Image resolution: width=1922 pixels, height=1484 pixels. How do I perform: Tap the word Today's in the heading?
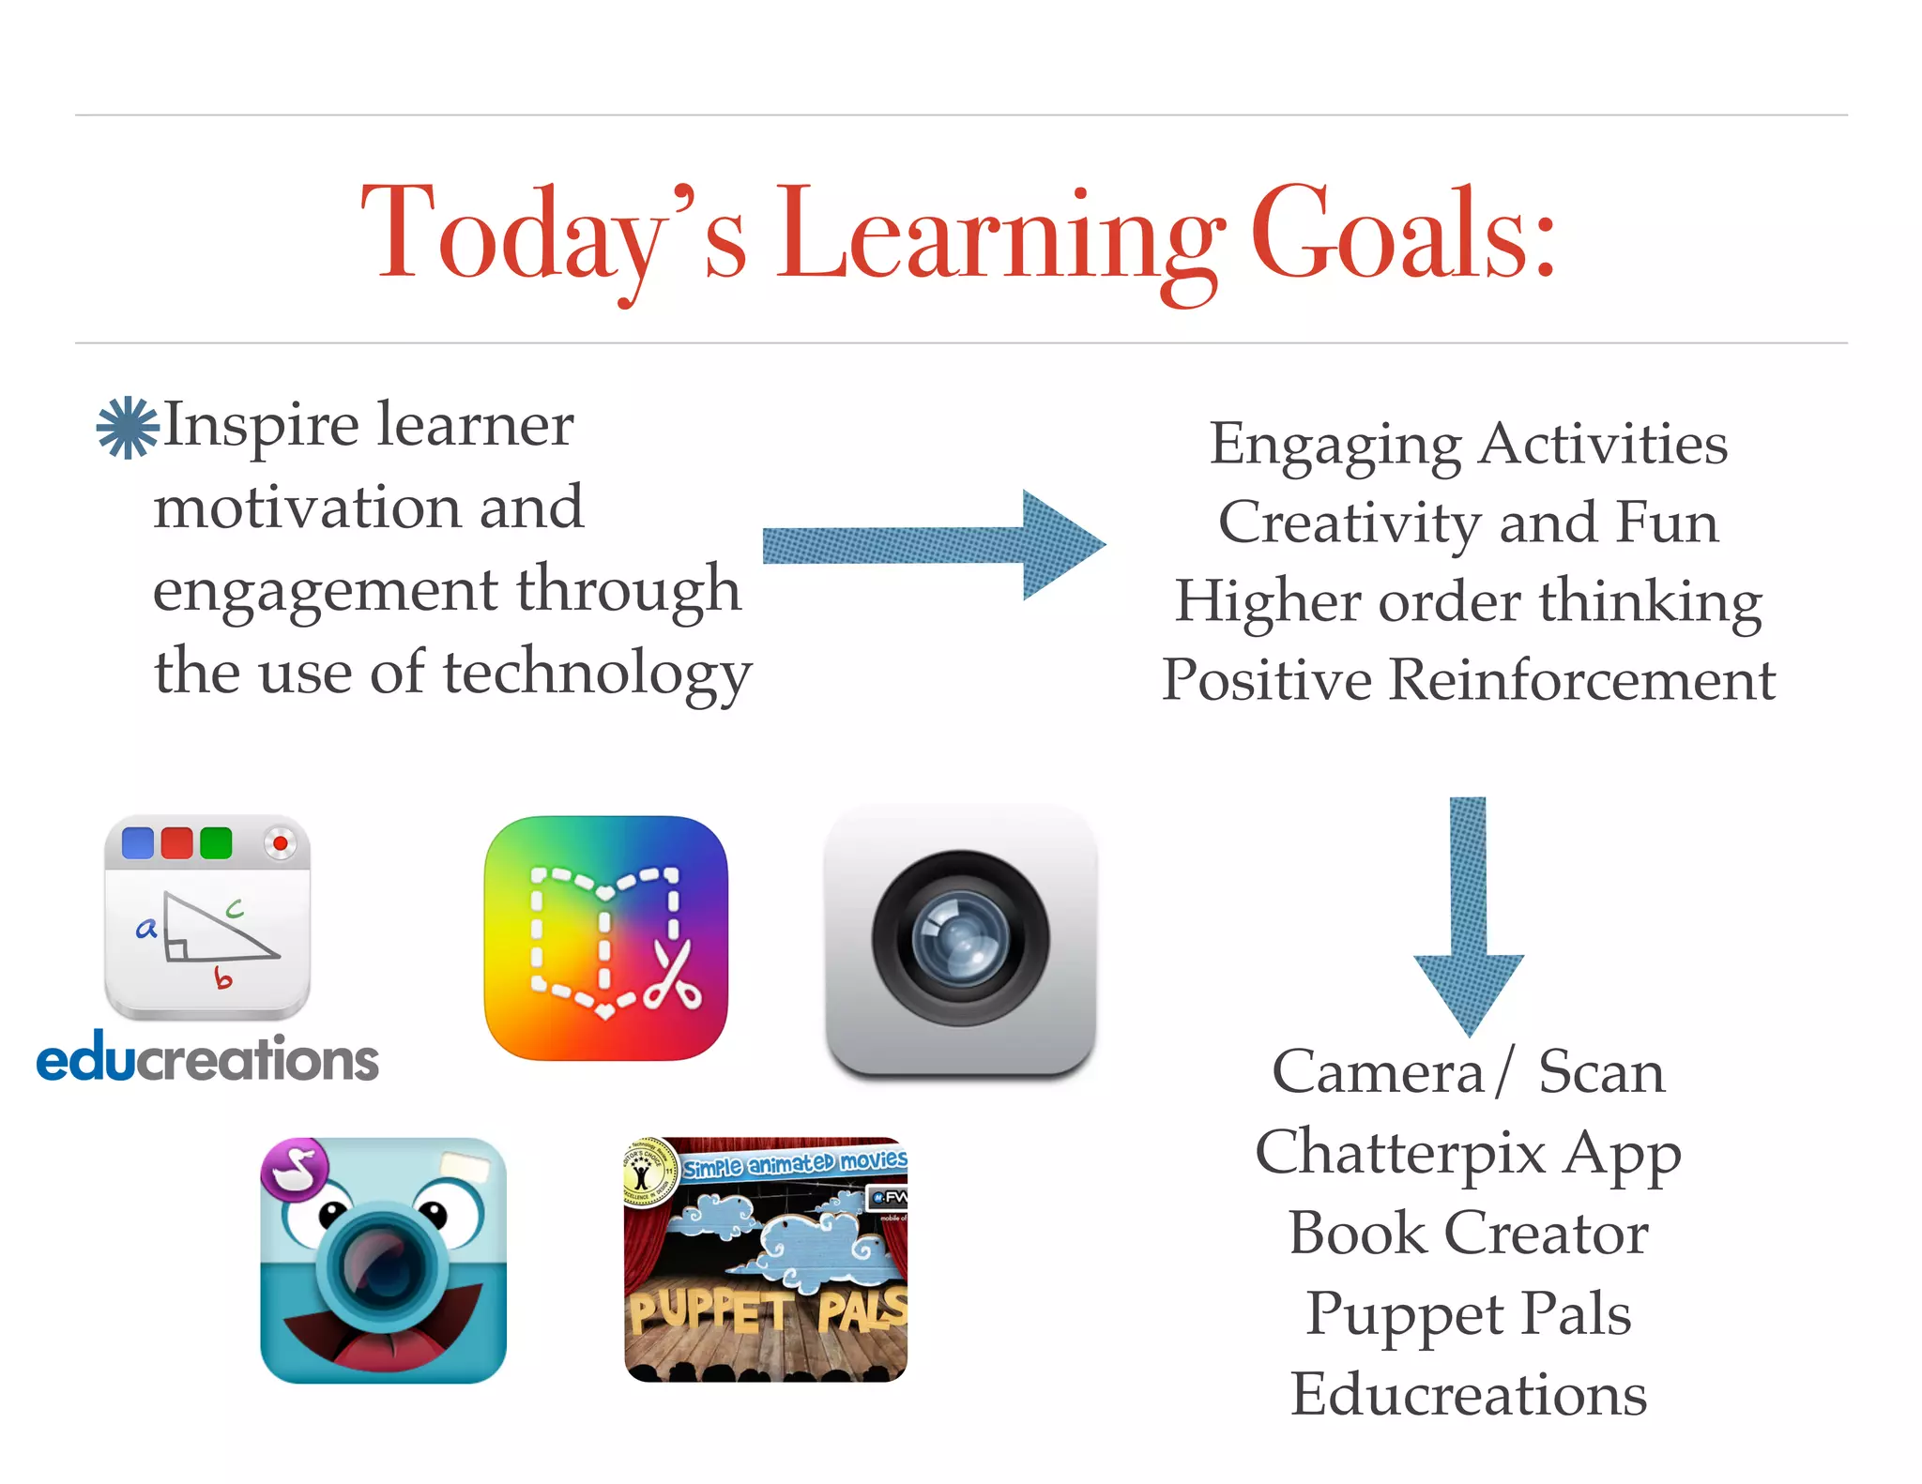tap(554, 235)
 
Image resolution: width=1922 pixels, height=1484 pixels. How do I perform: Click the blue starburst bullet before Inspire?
tap(128, 428)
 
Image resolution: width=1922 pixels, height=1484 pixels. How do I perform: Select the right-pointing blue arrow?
tap(934, 545)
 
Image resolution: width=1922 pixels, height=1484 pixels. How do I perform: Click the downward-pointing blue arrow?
tap(1468, 915)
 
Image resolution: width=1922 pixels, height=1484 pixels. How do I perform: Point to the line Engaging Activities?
tap(1468, 444)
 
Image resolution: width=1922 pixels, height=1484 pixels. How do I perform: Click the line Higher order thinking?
tap(1468, 601)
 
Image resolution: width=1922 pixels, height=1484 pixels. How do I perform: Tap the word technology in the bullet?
tap(597, 674)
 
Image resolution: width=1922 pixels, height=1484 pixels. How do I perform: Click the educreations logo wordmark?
tap(207, 1059)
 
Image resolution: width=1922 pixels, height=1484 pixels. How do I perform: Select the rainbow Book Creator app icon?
tap(605, 938)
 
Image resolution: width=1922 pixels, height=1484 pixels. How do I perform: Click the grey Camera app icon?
tap(960, 938)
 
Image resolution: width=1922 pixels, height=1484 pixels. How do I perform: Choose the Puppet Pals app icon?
tap(766, 1260)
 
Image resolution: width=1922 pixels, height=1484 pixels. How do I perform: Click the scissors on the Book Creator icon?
tap(673, 976)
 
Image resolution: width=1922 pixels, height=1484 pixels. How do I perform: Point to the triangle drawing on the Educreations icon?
tap(216, 930)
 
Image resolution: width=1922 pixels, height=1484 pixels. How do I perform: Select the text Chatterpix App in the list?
tap(1468, 1153)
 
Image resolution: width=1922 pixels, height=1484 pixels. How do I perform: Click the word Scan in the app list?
tap(1601, 1071)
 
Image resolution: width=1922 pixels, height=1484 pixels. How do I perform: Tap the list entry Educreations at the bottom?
tap(1468, 1395)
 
